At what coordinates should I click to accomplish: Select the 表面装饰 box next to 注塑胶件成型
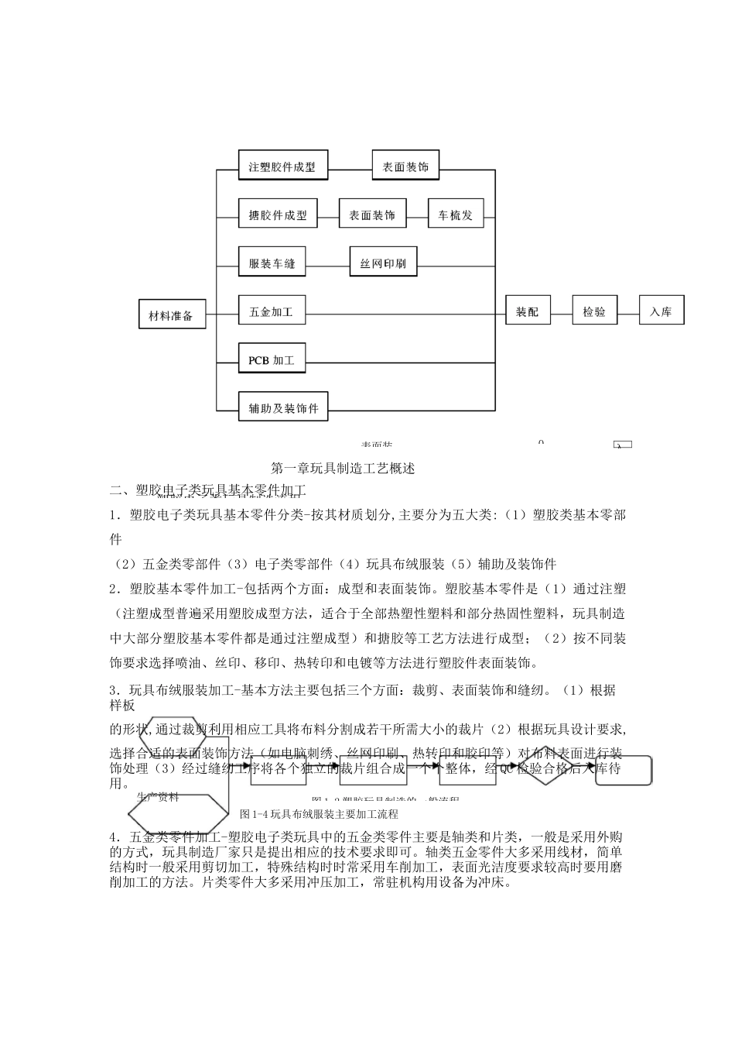(405, 167)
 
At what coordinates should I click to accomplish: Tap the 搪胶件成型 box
(278, 215)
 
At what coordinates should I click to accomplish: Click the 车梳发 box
(456, 215)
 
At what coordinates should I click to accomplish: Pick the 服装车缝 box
(272, 263)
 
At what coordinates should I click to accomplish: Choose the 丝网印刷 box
(383, 263)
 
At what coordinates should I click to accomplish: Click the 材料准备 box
(172, 315)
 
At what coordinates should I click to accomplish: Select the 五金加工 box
(272, 312)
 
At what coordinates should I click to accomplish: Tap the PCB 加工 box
(272, 360)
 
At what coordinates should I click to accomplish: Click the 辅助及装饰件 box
(283, 407)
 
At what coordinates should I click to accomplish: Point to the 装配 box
(528, 312)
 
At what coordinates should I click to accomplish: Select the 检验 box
(594, 312)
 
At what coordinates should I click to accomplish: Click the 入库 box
(661, 312)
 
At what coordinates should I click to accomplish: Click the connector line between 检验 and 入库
(627, 313)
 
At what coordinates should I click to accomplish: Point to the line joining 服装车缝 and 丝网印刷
(327, 264)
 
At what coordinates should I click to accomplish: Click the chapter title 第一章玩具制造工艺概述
(344, 468)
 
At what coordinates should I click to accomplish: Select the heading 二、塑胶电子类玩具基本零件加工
(209, 490)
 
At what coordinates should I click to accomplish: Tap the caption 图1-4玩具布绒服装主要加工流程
(319, 814)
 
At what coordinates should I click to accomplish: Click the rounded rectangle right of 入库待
(624, 771)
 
